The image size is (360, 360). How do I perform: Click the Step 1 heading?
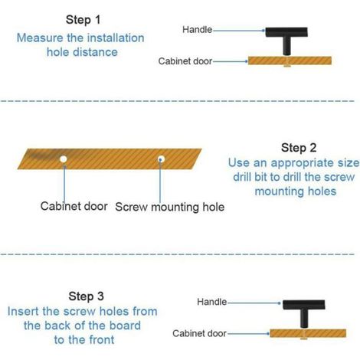click(83, 20)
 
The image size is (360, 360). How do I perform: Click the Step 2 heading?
click(299, 148)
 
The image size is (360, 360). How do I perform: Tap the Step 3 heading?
click(86, 296)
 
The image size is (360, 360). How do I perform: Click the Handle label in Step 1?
click(197, 30)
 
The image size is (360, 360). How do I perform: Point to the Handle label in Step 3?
click(211, 302)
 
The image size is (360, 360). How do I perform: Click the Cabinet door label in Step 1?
click(185, 61)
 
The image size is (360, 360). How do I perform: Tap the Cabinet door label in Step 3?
click(199, 333)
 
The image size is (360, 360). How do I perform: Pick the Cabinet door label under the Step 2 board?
click(74, 206)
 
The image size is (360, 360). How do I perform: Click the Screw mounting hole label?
click(170, 207)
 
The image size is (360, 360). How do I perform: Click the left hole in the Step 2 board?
click(64, 159)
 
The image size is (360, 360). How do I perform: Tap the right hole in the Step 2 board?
click(161, 159)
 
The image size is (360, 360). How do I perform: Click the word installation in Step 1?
click(113, 38)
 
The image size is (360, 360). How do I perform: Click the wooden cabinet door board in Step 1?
click(290, 61)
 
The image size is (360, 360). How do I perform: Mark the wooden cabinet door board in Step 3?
click(308, 333)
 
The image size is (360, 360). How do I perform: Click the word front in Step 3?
click(100, 340)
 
